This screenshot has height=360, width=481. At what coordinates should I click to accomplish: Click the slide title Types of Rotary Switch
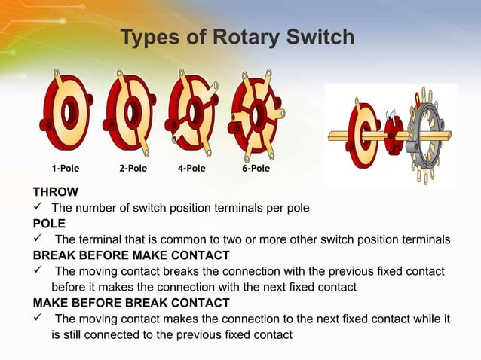237,37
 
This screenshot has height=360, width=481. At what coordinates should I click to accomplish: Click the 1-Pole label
67,168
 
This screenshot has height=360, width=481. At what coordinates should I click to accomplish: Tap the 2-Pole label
133,168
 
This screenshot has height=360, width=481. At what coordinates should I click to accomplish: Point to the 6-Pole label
256,168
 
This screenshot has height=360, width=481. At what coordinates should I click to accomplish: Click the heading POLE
49,224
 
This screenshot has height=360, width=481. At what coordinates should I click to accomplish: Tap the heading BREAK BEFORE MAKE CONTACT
131,255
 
